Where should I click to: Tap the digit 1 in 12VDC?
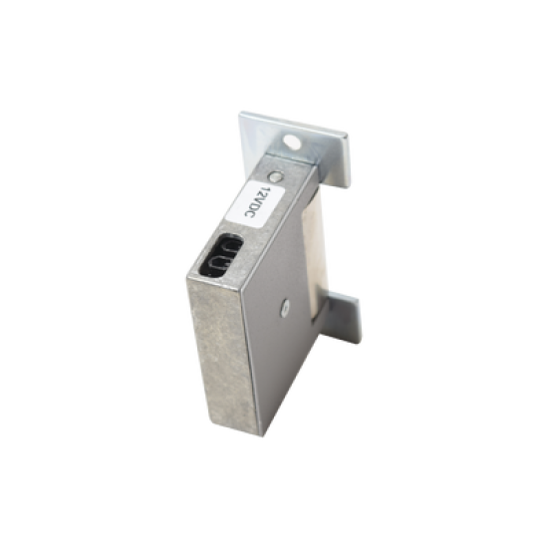click(260, 189)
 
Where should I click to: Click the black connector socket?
click(221, 254)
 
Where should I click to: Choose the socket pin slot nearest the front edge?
click(215, 263)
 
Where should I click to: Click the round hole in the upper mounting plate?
click(292, 141)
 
